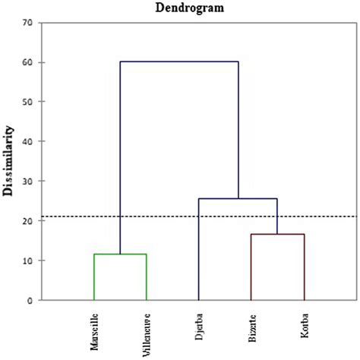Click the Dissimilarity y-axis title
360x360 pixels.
pos(10,161)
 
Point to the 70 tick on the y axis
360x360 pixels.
pos(27,23)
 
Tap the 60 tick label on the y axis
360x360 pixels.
pos(27,62)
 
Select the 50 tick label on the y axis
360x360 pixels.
pos(27,102)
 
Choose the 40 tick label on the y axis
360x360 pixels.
pos(27,141)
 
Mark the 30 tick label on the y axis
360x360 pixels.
pos(27,182)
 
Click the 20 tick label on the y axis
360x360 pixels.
pos(27,221)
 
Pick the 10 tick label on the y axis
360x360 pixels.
pos(27,261)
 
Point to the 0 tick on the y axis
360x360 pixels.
pos(30,301)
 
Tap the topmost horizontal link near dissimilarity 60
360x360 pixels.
pos(179,62)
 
